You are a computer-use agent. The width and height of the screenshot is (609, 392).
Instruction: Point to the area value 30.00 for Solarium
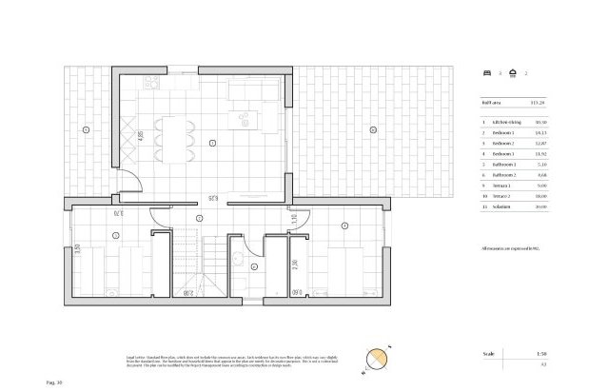tap(541, 205)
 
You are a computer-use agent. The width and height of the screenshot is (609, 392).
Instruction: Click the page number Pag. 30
tap(54, 382)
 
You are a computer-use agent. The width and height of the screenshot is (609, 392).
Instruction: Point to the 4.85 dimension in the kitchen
tap(141, 135)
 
